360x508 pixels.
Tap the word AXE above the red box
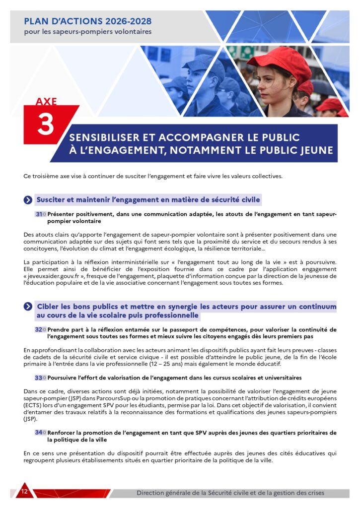coord(46,102)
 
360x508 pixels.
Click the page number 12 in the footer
coord(24,492)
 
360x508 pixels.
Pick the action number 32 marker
coord(39,329)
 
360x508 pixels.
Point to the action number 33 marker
coord(39,378)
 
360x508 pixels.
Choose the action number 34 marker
coord(39,433)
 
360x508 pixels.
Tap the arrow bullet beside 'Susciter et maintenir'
coord(28,200)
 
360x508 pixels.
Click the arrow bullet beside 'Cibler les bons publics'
coord(28,307)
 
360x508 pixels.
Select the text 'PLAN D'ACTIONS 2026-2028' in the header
coord(88,21)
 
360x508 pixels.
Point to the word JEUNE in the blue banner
coord(315,150)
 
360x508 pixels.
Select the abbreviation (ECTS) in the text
coord(33,405)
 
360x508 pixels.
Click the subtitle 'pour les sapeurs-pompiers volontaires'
coord(88,32)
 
